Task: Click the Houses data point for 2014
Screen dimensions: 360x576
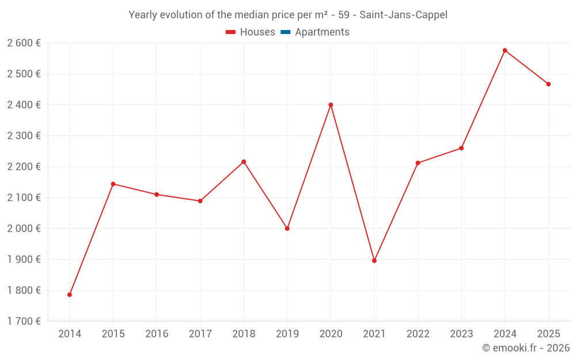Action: coord(70,295)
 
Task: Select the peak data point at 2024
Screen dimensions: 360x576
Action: coord(505,51)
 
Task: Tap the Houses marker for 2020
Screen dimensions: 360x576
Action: coord(331,105)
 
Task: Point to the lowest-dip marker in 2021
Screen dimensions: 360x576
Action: coord(374,261)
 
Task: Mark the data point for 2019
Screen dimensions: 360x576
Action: coord(287,229)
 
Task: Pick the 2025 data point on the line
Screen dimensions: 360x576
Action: coord(548,84)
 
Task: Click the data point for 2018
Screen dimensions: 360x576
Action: coord(244,162)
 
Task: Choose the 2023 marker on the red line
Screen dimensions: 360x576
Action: coord(461,148)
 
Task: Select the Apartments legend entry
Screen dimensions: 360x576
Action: coord(322,32)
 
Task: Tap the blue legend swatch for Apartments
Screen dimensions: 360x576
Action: coord(285,32)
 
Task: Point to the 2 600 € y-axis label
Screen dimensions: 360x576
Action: coord(24,43)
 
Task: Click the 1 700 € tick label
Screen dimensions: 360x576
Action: coord(24,321)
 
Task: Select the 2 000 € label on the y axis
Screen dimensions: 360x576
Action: coord(24,229)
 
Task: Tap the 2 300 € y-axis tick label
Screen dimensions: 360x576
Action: coord(24,136)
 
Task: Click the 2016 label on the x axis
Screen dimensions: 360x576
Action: coord(157,334)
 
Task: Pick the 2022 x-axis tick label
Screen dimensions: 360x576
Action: coord(418,334)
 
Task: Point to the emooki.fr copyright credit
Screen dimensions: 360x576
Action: coord(526,348)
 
